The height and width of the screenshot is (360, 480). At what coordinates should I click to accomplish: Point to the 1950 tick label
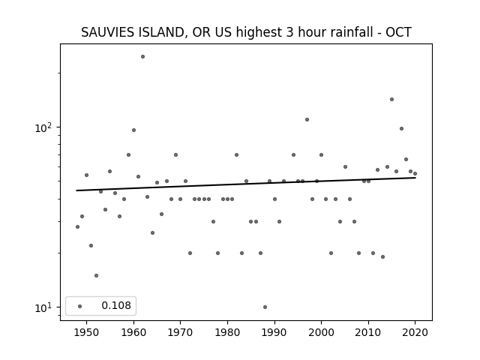[87, 332]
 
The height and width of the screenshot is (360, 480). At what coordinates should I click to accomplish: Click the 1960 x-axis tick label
[133, 332]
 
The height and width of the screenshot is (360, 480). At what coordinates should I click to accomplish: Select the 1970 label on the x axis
[180, 332]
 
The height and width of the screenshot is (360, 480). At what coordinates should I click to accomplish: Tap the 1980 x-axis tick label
[227, 332]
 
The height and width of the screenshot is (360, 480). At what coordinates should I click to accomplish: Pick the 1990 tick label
[274, 332]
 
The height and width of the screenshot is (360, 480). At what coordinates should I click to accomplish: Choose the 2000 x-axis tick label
[322, 332]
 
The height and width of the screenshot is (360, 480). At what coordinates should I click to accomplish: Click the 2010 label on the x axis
[368, 332]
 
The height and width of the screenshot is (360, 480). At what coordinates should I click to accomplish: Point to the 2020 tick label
[415, 332]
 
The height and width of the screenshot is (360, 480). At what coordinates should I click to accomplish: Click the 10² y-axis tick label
[45, 127]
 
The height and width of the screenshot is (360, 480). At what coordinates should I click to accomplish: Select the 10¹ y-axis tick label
[45, 307]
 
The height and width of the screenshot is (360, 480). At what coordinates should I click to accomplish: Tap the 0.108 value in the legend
[116, 305]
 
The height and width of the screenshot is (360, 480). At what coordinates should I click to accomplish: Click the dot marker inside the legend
[80, 307]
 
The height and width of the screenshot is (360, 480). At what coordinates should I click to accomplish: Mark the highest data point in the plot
[142, 57]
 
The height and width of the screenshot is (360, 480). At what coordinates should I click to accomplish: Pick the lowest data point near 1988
[265, 307]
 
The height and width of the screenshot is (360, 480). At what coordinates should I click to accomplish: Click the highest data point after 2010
[391, 100]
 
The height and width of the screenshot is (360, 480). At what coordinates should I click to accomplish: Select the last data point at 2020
[415, 173]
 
